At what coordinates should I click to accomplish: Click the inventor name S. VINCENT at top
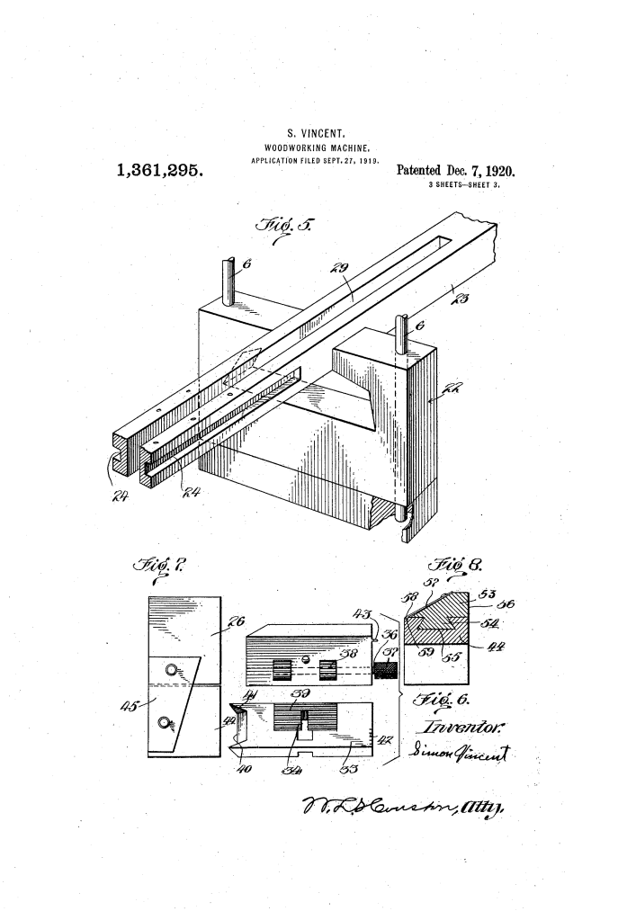click(x=310, y=136)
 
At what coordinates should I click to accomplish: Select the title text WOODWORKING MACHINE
click(x=310, y=148)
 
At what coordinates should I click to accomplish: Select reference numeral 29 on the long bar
click(x=345, y=270)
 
